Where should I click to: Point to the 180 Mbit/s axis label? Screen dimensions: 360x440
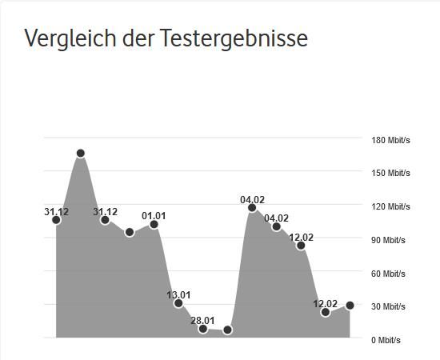[390, 140]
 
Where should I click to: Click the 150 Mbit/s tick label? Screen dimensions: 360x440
[390, 174]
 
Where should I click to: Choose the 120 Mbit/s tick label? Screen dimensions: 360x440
[390, 206]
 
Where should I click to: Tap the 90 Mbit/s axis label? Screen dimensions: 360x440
[388, 240]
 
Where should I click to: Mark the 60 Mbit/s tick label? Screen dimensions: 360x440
[388, 274]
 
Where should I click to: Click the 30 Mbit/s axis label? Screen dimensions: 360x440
[388, 306]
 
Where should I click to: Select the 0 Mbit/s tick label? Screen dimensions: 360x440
[386, 340]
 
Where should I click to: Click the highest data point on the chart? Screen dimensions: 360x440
[81, 153]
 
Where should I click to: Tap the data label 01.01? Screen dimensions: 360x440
[154, 215]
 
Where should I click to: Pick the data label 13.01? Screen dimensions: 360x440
[178, 294]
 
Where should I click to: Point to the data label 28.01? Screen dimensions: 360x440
[202, 320]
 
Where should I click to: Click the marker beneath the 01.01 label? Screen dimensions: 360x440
[154, 225]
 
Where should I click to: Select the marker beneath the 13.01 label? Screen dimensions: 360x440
[178, 303]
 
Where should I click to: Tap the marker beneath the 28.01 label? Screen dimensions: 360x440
[203, 329]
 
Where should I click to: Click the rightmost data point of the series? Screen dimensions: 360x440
[350, 306]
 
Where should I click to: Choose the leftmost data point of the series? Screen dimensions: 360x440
[56, 220]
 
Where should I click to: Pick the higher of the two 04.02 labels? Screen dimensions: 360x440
[252, 200]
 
